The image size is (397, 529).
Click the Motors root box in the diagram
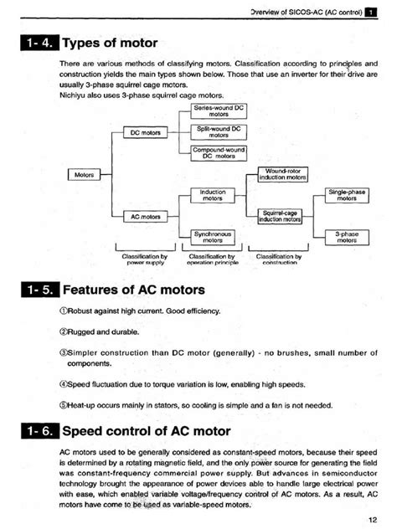tap(84, 176)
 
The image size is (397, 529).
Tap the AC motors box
tap(145, 216)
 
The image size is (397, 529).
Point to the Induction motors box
tap(212, 195)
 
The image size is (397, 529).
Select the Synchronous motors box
tap(212, 237)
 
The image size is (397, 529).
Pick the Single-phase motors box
tap(347, 196)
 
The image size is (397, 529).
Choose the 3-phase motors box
tap(347, 237)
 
